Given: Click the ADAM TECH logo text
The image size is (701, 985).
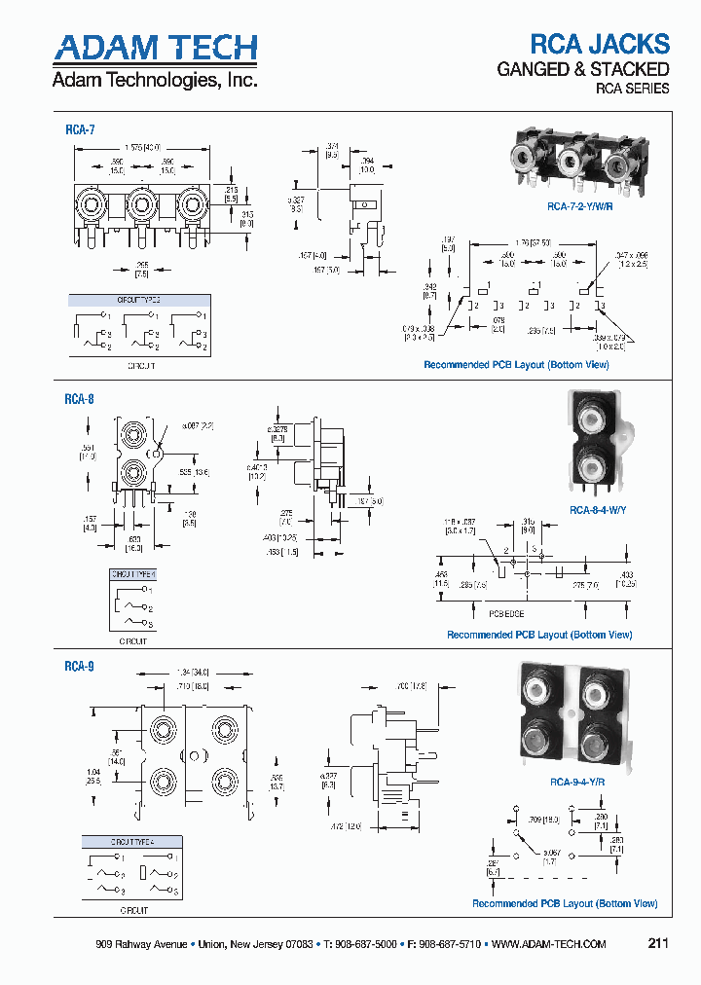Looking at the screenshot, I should [x=155, y=49].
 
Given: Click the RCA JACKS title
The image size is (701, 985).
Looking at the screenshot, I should [x=599, y=44].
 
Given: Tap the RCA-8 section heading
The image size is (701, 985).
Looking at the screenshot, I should [x=79, y=398].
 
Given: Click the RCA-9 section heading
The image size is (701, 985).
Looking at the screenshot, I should [x=79, y=667].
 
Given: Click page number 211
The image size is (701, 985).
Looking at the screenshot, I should [x=658, y=944].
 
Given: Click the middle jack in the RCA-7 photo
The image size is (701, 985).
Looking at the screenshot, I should [x=571, y=155].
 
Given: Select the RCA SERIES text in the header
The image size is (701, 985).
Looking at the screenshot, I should [x=632, y=89].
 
